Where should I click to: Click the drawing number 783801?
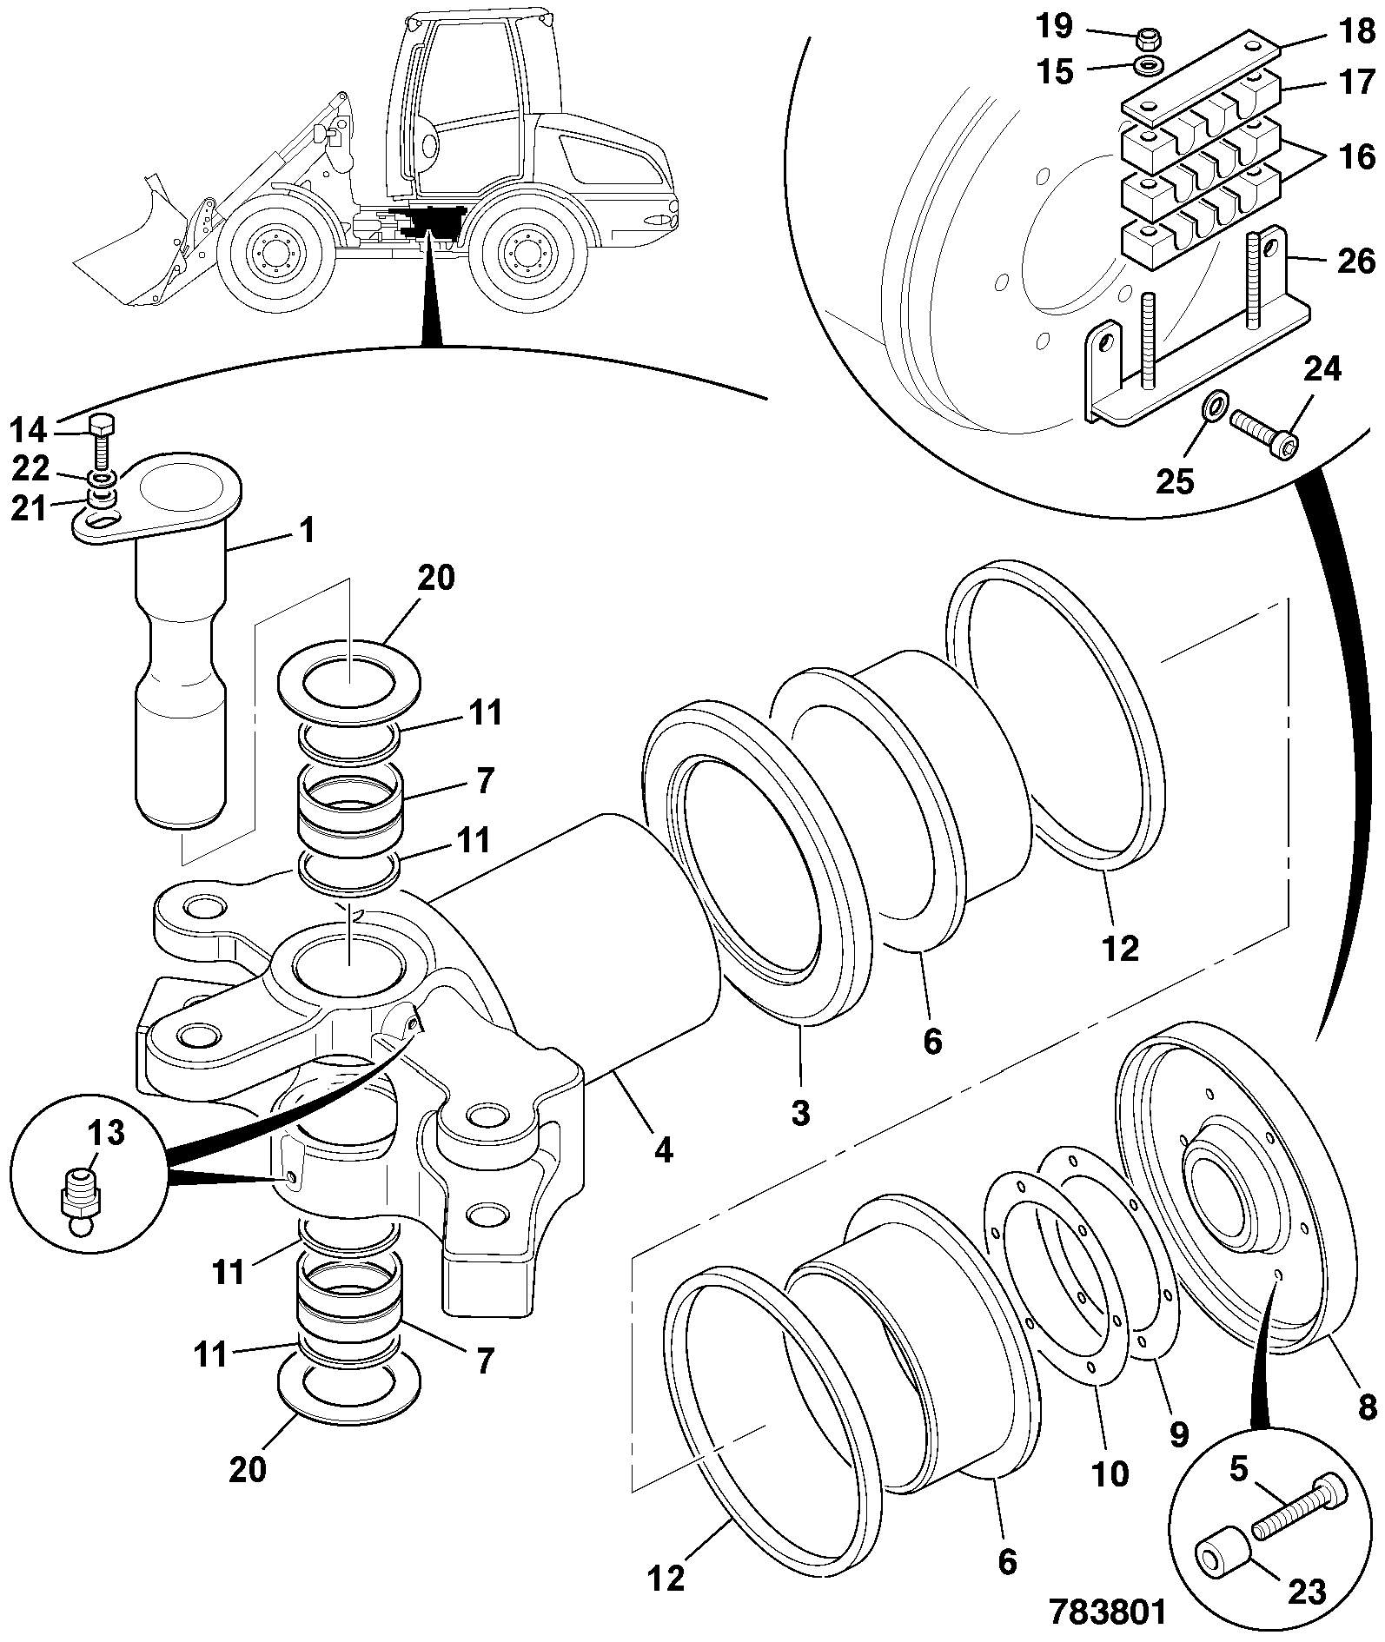click(1107, 1611)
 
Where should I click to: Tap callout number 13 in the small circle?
click(106, 1133)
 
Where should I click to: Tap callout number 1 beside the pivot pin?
click(308, 530)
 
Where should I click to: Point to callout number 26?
click(1354, 261)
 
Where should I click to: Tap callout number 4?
click(663, 1150)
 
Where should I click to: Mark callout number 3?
click(800, 1112)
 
